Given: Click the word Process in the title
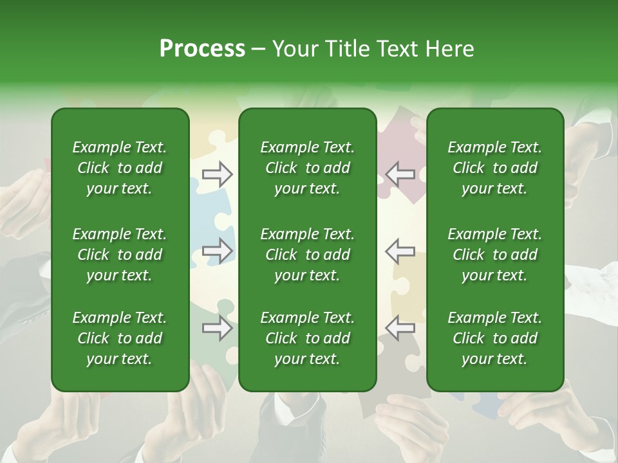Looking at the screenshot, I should pos(202,49).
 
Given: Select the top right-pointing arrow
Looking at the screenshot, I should pos(217,174).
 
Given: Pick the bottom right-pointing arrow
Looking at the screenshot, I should pos(217,328).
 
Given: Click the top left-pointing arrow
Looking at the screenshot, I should pos(400,174).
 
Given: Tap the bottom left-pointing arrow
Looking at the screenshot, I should pos(400,328).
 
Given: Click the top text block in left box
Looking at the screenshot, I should pos(119,168).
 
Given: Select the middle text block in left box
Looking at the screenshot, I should pos(119,255).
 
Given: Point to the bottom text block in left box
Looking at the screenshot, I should pos(119,338).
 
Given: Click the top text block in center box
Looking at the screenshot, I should pos(307,168).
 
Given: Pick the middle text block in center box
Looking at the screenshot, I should pos(307,255).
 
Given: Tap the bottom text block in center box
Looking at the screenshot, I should pos(307,338).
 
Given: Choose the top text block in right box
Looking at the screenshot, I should pos(494,168).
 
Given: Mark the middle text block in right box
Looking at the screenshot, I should pos(494,255).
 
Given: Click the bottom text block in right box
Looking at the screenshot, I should pos(494,338).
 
